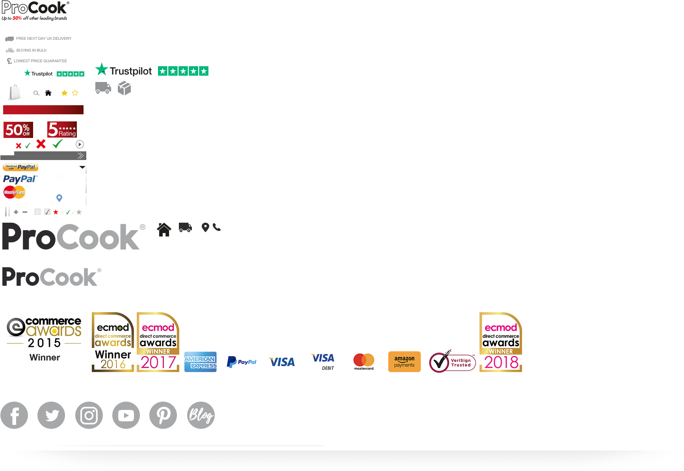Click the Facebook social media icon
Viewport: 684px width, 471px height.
pos(14,415)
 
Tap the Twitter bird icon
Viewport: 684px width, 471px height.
pos(51,415)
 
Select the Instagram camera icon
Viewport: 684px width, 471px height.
pos(89,415)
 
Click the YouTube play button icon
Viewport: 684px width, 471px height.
pos(126,415)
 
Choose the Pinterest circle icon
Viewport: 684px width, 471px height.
pos(163,415)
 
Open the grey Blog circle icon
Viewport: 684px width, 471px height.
pos(201,415)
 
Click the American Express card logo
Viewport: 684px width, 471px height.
pos(201,362)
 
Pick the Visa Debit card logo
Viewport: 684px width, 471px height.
pos(323,362)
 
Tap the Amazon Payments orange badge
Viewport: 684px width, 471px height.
pos(404,362)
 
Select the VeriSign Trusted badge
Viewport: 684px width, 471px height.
pos(452,362)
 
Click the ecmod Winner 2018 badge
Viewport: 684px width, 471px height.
pos(501,342)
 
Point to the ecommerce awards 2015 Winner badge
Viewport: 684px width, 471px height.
pos(44,341)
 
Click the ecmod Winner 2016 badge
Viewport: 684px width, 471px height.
pos(113,342)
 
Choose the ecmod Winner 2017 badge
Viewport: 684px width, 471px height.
pos(158,342)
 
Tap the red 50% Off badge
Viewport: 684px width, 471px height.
pos(18,130)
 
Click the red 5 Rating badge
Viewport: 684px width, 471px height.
pos(62,129)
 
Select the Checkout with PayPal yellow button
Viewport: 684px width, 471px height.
pos(20,167)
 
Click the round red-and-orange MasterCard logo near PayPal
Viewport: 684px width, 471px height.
pos(14,192)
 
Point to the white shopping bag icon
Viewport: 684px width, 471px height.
pos(15,93)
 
